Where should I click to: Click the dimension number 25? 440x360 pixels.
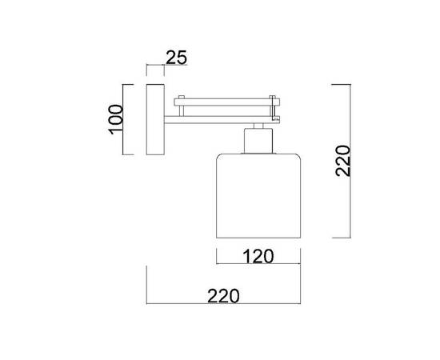[176, 58]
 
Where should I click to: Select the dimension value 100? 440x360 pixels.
[115, 119]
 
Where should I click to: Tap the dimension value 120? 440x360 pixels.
[258, 256]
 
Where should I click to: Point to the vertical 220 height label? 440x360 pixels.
[343, 161]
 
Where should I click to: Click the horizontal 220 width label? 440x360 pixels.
[223, 296]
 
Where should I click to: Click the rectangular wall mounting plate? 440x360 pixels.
[155, 119]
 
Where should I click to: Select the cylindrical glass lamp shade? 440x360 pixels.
[258, 196]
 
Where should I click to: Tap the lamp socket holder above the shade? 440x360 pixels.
[258, 141]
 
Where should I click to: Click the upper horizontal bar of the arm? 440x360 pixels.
[226, 102]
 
